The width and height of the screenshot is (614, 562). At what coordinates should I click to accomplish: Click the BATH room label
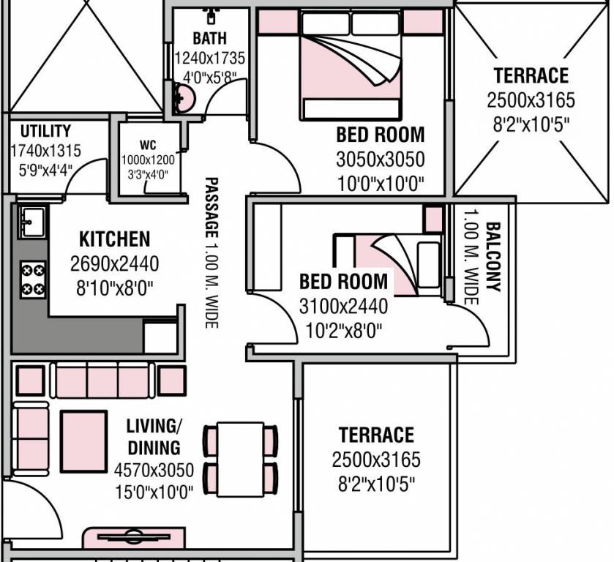tap(209, 38)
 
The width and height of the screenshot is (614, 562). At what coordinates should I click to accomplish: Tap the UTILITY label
tap(45, 132)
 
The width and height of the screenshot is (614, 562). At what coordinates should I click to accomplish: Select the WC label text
tap(149, 145)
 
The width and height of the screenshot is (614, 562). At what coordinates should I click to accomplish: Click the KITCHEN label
tap(114, 239)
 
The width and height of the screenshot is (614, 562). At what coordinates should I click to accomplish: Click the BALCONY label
tap(492, 257)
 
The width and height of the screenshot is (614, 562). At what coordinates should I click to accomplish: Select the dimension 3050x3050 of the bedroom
tap(380, 160)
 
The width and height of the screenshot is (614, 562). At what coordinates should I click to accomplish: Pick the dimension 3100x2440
tap(344, 305)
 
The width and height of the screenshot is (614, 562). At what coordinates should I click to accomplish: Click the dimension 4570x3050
tap(154, 470)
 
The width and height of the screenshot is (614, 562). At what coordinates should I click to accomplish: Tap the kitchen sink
tap(31, 221)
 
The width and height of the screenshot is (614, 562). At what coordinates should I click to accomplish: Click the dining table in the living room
tap(241, 459)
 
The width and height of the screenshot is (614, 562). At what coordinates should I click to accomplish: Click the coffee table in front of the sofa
tap(83, 441)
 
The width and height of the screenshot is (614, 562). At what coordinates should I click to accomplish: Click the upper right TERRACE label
tap(531, 75)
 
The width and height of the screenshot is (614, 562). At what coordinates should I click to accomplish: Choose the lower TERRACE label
tap(376, 435)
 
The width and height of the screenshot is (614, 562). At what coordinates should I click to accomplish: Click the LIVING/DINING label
tap(154, 436)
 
